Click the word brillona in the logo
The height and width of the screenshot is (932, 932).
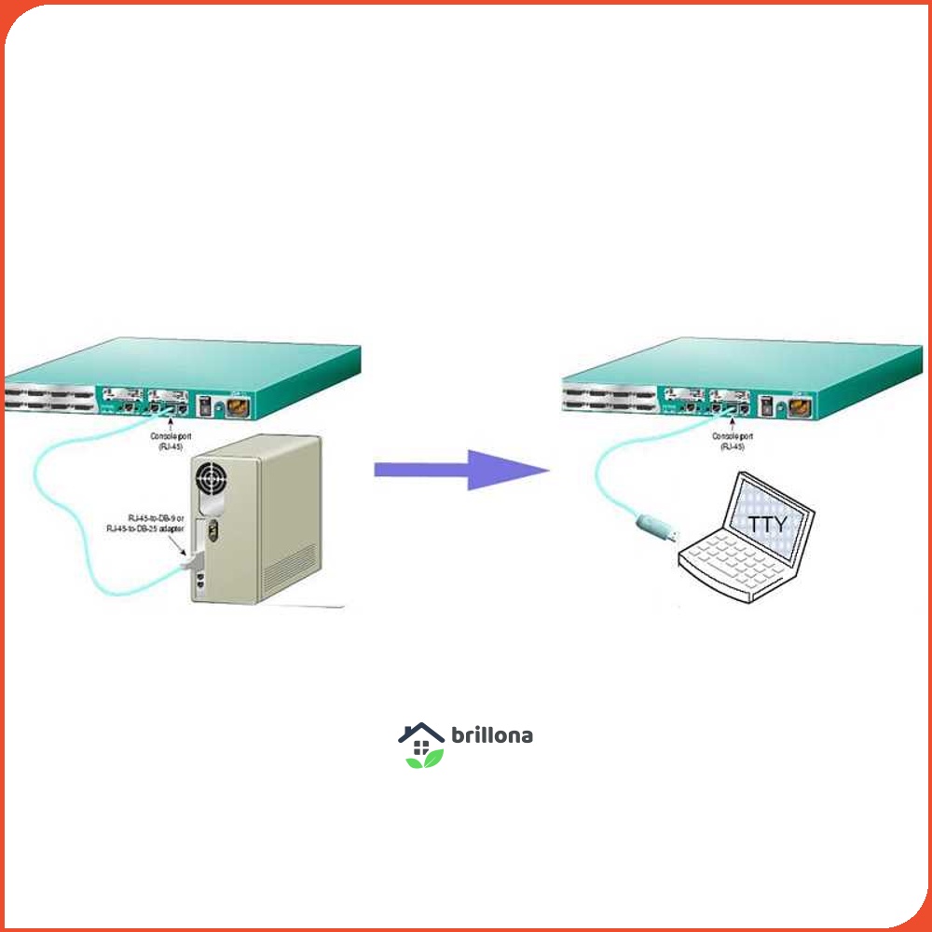[492, 735]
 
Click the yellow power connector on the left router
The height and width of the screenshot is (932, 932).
[235, 407]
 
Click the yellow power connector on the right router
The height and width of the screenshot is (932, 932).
[799, 407]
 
